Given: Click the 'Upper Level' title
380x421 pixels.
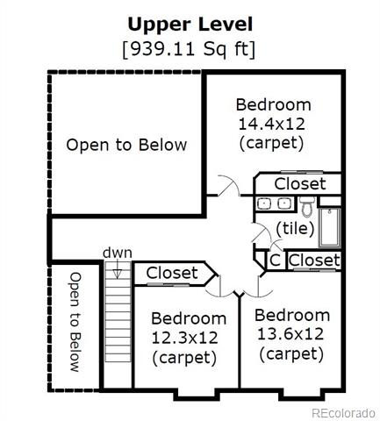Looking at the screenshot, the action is (x=190, y=25).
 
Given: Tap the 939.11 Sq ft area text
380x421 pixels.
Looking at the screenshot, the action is (x=189, y=49).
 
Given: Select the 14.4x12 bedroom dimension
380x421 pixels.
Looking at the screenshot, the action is (x=272, y=124).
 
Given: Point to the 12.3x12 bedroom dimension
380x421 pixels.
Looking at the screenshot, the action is (x=184, y=338).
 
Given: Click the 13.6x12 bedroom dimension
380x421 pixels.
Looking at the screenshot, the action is (x=290, y=334).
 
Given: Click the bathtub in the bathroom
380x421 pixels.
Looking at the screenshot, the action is (x=330, y=228).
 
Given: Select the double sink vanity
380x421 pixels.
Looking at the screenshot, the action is (x=274, y=203).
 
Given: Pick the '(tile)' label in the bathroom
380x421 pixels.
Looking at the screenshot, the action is (x=295, y=229).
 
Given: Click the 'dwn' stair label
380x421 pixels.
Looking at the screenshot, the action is (x=118, y=253).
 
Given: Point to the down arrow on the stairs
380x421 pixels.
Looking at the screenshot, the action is (x=117, y=269).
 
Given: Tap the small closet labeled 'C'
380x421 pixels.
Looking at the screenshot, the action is (x=275, y=260).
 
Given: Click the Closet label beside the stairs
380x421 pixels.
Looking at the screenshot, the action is (x=172, y=273).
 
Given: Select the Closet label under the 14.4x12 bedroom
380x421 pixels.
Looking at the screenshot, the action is (x=300, y=184).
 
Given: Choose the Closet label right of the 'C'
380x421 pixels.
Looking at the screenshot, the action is (x=314, y=260).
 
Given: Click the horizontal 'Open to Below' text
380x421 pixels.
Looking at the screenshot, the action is (x=126, y=145).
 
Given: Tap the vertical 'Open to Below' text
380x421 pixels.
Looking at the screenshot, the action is (x=75, y=322).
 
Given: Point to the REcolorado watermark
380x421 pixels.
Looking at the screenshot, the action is (x=343, y=413).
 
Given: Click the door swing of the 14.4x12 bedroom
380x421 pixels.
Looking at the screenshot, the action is (x=229, y=185).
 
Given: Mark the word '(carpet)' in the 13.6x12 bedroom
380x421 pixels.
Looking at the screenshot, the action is (x=291, y=354).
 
